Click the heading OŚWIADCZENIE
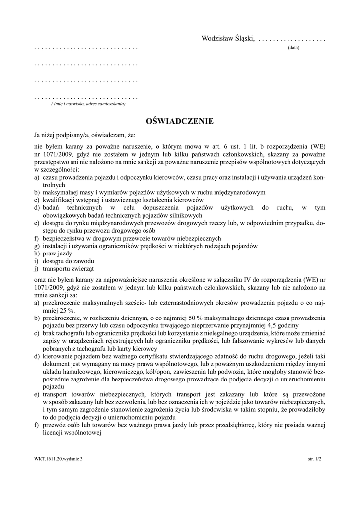[180, 121]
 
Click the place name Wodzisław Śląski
[227, 39]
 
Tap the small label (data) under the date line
[293, 48]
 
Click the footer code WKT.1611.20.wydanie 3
[56, 459]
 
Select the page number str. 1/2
[315, 459]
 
